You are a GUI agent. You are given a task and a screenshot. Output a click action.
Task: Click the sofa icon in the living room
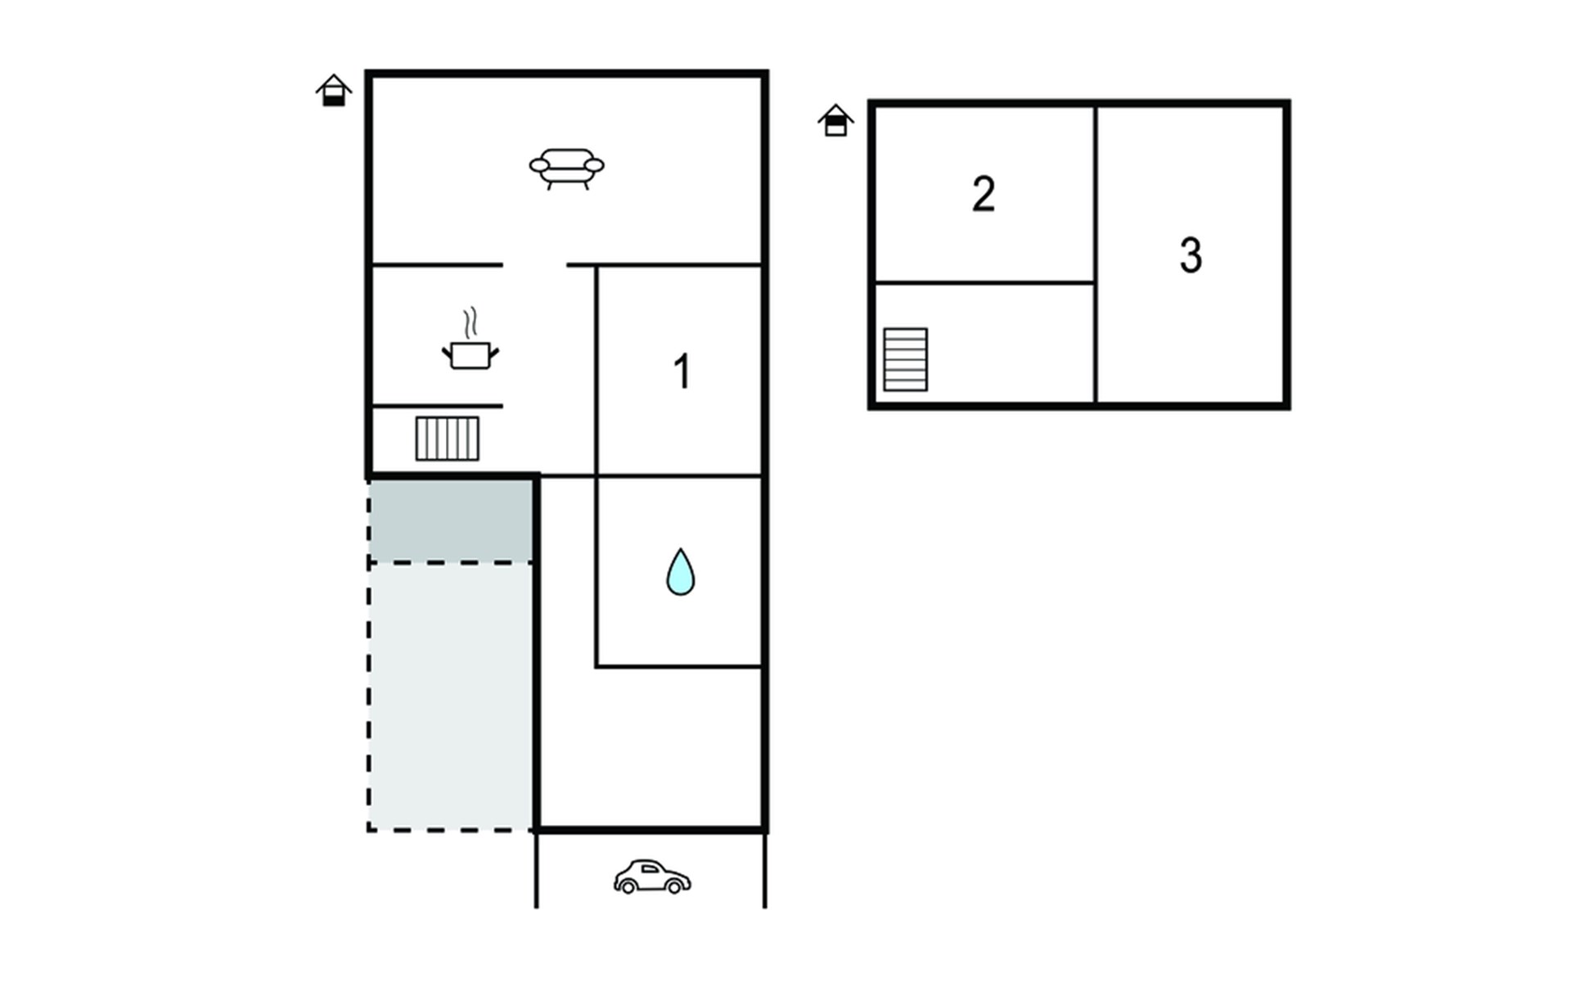[x=566, y=169]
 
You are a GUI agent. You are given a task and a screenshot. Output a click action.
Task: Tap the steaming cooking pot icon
[x=470, y=339]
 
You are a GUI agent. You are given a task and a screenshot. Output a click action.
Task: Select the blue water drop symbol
[x=680, y=571]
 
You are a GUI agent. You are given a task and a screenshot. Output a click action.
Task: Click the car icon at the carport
[x=652, y=876]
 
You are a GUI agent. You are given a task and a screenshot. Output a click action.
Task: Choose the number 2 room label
[x=984, y=195]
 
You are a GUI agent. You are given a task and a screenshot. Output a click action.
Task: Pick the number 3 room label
[x=1191, y=255]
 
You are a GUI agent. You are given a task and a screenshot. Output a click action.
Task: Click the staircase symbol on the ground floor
[x=448, y=439]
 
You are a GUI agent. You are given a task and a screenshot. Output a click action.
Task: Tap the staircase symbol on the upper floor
[x=906, y=359]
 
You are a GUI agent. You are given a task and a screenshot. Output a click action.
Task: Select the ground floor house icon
[x=334, y=90]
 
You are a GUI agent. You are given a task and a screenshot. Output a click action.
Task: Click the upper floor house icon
[x=835, y=120]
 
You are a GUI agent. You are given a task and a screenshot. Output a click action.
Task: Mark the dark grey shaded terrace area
[x=451, y=520]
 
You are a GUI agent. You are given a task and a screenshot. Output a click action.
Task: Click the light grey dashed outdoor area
[x=451, y=696]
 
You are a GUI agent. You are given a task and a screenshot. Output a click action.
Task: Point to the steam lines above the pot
[x=470, y=323]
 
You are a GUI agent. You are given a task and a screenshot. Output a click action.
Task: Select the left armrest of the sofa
[x=539, y=165]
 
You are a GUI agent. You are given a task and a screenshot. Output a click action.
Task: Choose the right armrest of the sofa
[x=594, y=165]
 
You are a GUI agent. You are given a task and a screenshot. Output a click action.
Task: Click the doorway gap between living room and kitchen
[x=534, y=265]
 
